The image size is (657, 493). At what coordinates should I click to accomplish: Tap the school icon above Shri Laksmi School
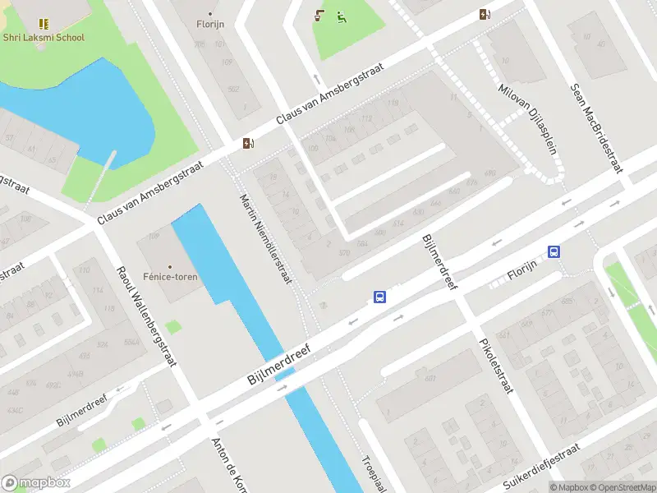[x=43, y=24]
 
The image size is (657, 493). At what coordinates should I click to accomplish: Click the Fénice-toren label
[x=169, y=277]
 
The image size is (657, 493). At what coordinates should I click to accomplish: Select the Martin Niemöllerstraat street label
[x=265, y=238]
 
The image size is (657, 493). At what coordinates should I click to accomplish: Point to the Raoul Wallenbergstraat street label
[x=145, y=316]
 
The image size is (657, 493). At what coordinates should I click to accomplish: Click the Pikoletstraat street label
[x=496, y=360]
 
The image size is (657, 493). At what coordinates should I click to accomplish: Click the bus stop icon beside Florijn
[x=555, y=252]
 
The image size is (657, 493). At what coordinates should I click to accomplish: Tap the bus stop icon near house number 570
[x=379, y=297]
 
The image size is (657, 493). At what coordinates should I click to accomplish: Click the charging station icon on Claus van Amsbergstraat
[x=248, y=144]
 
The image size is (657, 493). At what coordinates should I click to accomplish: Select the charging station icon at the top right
[x=485, y=13]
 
